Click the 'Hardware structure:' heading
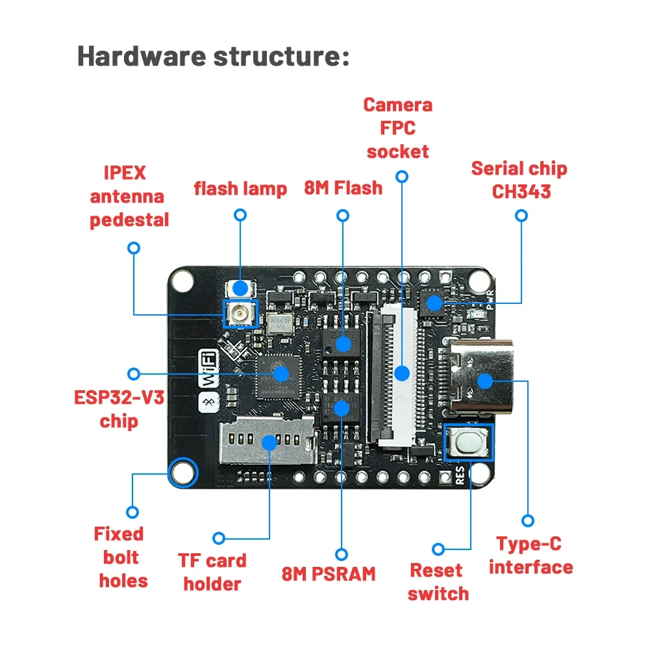tap(213, 56)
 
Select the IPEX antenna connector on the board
tap(240, 315)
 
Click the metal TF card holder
tap(266, 442)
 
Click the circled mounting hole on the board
tap(182, 473)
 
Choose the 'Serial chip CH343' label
tap(519, 180)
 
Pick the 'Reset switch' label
tap(438, 582)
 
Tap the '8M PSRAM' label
tap(329, 573)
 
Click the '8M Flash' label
tap(343, 188)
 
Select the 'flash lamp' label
tap(240, 188)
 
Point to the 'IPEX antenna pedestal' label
tap(129, 196)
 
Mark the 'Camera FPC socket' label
tap(397, 128)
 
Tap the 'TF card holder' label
tap(213, 572)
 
